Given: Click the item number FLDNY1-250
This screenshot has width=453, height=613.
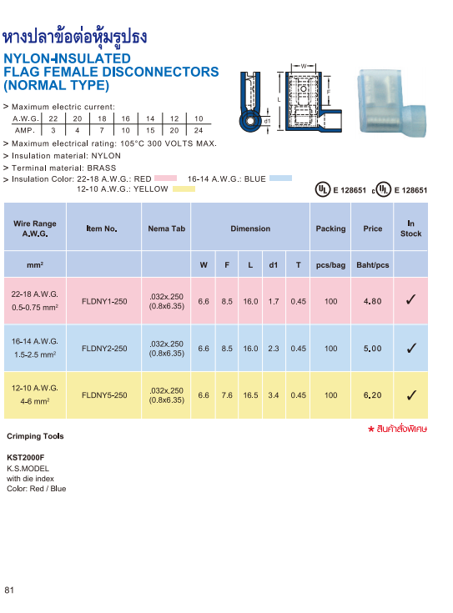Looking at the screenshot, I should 104,301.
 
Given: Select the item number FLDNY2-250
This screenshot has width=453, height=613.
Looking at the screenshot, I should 104,349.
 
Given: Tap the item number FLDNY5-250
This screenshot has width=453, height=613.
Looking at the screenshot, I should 104,395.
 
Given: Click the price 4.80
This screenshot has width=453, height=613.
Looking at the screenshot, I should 373,301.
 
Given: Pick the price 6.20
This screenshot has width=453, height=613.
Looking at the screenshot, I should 373,395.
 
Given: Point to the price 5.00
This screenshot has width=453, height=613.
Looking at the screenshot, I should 373,349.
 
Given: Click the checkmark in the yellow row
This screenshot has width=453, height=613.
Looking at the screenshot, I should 411,395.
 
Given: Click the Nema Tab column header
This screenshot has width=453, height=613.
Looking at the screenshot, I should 167,229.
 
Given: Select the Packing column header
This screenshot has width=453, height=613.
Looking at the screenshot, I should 331,229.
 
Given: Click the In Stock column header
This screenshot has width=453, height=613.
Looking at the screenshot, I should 411,229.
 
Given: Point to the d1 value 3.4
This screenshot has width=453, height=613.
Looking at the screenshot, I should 274,395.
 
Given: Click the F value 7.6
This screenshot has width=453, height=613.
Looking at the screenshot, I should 227,395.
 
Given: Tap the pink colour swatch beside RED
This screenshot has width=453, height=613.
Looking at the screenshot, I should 166,178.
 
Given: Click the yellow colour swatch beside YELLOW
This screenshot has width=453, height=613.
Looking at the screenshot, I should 183,189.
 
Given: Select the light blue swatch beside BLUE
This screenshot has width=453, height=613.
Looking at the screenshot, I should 280,178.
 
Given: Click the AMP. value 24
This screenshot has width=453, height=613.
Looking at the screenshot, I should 199,131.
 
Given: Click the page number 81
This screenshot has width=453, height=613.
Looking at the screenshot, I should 10,590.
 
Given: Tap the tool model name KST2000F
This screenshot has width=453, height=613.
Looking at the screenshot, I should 25,458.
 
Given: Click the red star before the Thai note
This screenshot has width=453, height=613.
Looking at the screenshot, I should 370,429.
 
